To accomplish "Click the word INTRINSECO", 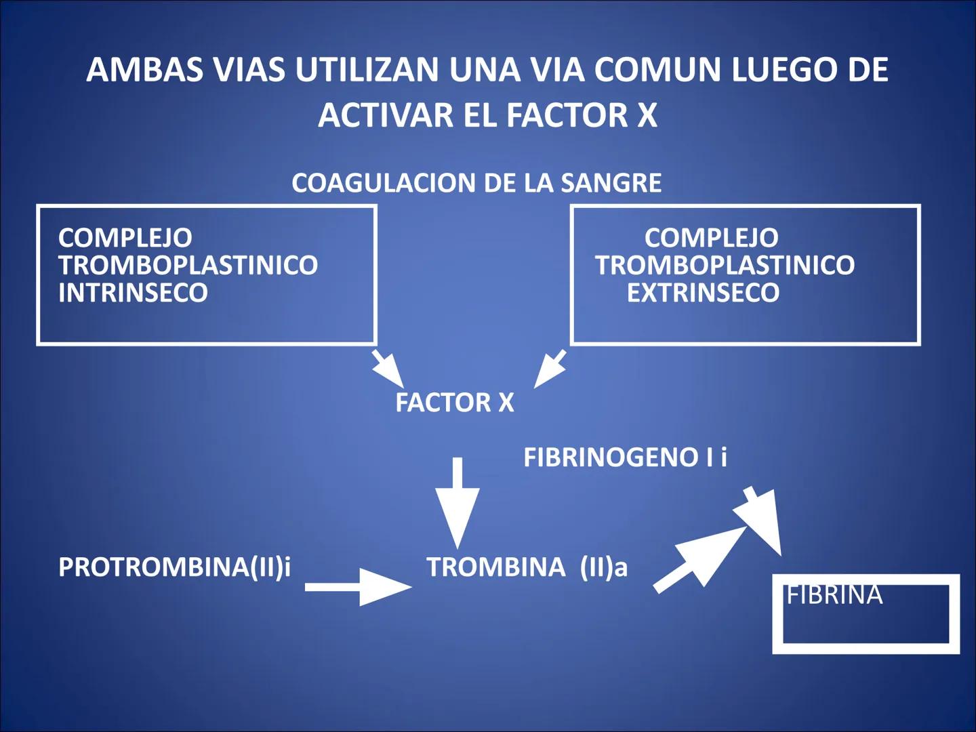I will point(133,293).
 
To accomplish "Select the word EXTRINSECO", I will point(703,293).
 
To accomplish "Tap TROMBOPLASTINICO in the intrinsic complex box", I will point(188,265).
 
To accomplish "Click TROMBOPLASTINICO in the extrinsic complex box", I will point(725,265).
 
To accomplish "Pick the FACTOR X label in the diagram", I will point(454,403).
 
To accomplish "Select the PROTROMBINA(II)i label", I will point(174,567).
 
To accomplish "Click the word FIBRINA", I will point(834,595).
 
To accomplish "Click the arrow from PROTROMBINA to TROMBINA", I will point(358,586).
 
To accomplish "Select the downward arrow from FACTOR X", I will point(457,502).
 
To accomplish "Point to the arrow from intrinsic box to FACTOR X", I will point(388,369).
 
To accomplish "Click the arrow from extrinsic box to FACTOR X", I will point(550,369).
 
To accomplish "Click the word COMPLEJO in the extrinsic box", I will point(711,238).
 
